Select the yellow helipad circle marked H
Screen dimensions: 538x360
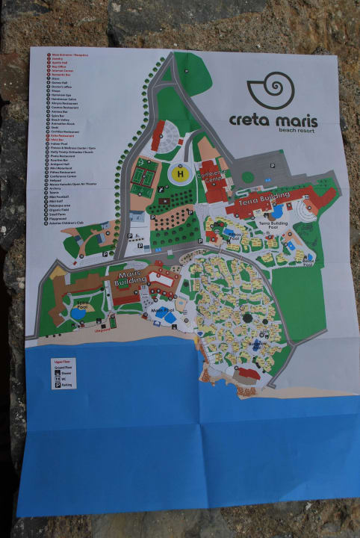(180, 174)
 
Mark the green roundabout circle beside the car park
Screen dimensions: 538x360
(246, 177)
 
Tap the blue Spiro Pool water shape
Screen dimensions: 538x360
(78, 314)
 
